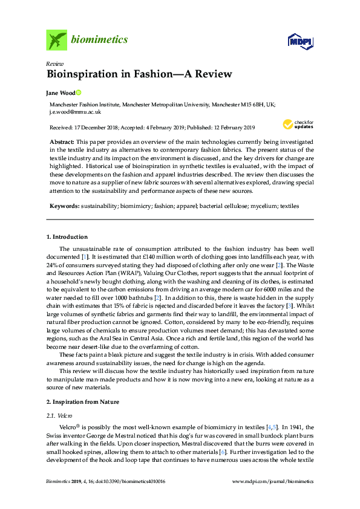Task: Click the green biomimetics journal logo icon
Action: tap(56, 40)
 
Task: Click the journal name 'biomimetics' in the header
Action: tap(100, 40)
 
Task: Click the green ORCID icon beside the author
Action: tap(78, 92)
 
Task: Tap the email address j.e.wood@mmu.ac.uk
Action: tap(75, 112)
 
